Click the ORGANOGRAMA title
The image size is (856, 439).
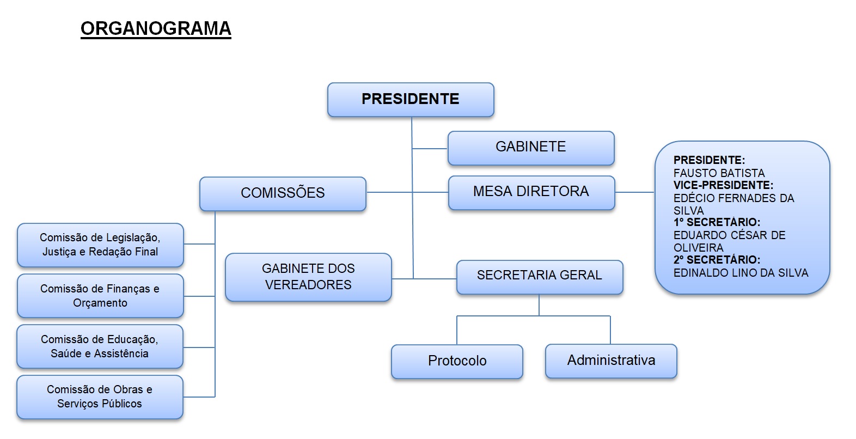click(156, 28)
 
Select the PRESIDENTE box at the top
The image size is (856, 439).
click(411, 99)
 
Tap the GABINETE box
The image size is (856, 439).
click(531, 147)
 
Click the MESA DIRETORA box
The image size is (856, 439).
click(531, 192)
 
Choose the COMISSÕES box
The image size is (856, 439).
click(283, 193)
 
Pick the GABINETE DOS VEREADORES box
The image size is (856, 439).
click(308, 277)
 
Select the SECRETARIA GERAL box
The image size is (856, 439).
click(540, 276)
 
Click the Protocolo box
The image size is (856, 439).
click(457, 361)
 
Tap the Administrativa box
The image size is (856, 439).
click(611, 360)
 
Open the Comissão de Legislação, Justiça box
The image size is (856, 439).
click(100, 245)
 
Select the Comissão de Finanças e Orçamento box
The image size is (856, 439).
click(100, 296)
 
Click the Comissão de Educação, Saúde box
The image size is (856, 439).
click(100, 346)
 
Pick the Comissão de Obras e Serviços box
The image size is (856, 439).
click(100, 397)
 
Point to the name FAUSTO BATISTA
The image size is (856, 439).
click(719, 173)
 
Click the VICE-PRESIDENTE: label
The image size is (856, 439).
click(723, 185)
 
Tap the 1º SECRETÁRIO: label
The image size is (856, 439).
click(717, 222)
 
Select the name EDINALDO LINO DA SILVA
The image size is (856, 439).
click(741, 272)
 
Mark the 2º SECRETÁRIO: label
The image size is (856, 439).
click(717, 260)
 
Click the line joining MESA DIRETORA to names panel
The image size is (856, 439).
click(635, 192)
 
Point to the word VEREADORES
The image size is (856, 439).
click(308, 285)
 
